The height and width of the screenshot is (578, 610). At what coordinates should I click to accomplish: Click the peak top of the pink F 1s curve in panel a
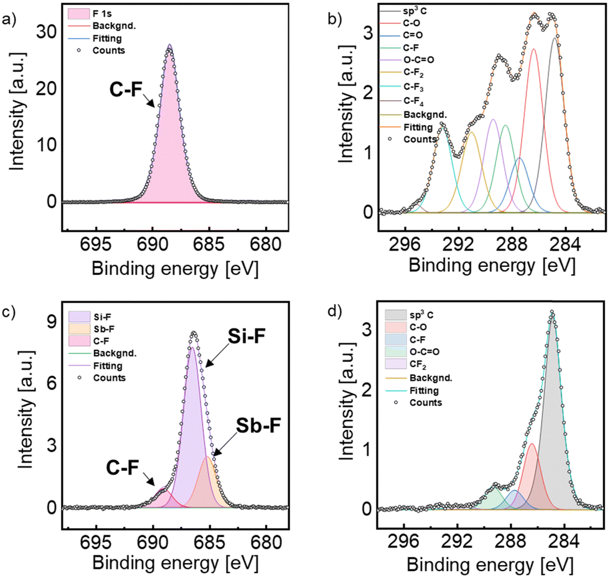169,46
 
